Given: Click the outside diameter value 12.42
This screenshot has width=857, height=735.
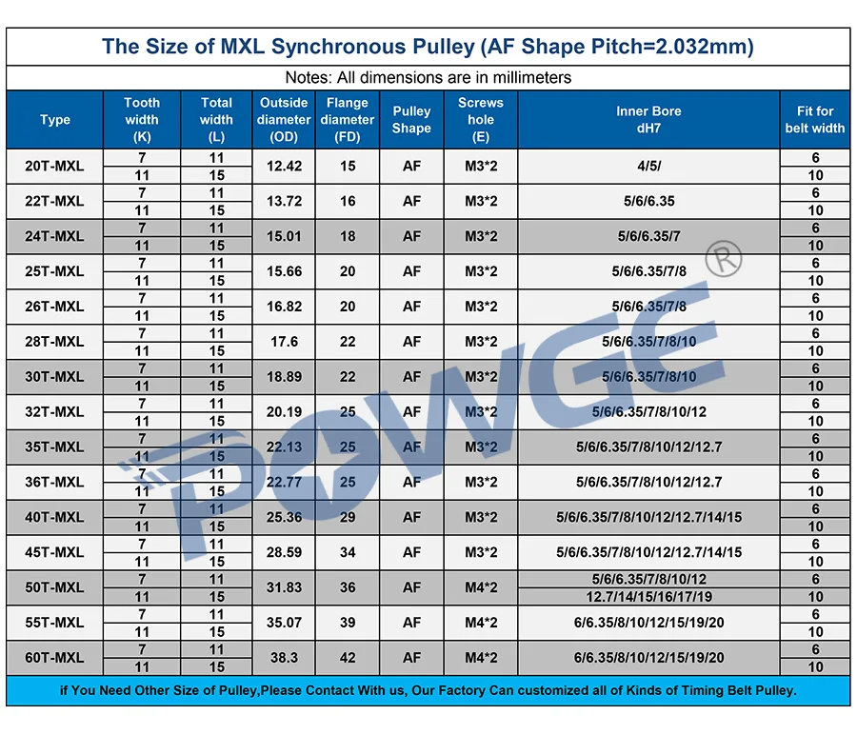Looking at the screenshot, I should tap(284, 166).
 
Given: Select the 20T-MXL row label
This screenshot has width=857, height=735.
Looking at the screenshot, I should tap(54, 166).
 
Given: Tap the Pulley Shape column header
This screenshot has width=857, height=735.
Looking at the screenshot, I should tap(411, 120).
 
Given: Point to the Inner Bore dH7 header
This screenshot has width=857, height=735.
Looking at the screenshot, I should tap(648, 120).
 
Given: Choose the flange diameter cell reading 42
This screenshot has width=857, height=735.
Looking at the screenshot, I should tap(348, 658).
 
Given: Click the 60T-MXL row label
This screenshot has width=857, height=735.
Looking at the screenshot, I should tap(54, 658).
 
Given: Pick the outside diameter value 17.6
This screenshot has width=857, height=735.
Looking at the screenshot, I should tap(284, 342).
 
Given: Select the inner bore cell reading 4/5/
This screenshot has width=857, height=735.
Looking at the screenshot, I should tap(648, 166).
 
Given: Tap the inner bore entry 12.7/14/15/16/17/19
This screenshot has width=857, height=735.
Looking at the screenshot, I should tap(648, 597).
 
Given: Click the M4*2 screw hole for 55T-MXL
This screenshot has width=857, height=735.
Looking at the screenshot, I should tap(481, 623).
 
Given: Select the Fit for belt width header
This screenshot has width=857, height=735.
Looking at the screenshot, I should tap(815, 120).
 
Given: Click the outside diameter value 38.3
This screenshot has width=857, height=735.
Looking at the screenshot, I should tap(284, 658).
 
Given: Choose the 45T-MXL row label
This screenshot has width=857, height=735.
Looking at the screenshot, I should tap(54, 552).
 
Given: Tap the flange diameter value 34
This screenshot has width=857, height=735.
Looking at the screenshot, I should tap(348, 552).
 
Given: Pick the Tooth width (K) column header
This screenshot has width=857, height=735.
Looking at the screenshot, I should tap(142, 120).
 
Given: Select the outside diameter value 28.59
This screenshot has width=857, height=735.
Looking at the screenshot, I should tap(284, 552).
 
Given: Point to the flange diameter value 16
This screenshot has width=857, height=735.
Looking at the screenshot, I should tap(348, 201).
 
